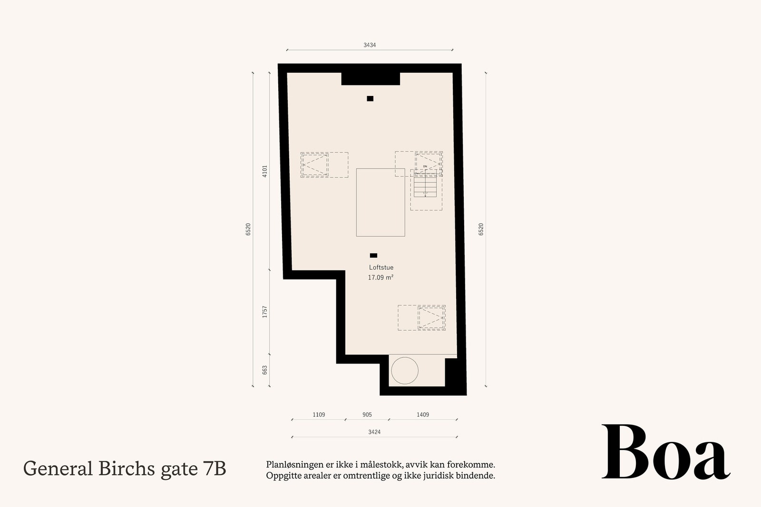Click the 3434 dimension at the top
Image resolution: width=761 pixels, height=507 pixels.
(370, 45)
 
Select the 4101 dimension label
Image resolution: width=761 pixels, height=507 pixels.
(265, 171)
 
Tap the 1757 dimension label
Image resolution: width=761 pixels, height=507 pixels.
(265, 312)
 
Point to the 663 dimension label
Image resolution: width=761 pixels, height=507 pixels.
(265, 370)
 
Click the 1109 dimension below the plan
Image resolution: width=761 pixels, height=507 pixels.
(319, 415)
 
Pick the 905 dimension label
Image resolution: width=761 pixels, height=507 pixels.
(367, 415)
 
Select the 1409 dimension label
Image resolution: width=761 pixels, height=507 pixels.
(423, 415)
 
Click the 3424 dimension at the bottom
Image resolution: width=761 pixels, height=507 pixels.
(374, 432)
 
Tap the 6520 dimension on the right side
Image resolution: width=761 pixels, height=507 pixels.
(481, 229)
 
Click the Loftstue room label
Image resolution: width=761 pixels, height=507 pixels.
(381, 268)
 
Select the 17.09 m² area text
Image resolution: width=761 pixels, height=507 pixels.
(380, 277)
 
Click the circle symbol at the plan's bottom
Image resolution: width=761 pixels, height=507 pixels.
(404, 370)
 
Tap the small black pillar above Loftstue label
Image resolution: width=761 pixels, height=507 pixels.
(373, 256)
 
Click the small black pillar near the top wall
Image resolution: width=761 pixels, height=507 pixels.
(370, 99)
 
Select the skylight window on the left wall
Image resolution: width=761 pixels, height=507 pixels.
(315, 165)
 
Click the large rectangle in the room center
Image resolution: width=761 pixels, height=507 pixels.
(380, 202)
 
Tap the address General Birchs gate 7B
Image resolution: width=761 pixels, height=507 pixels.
(125, 469)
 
